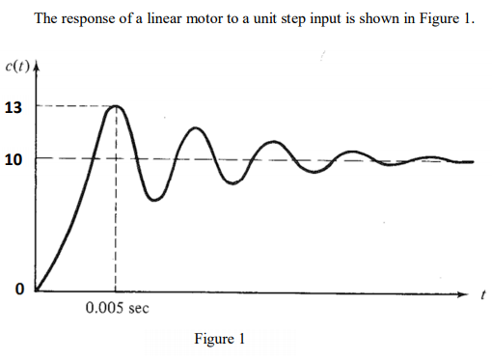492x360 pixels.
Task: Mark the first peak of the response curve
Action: point(116,106)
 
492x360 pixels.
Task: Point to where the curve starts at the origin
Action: point(39,288)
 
